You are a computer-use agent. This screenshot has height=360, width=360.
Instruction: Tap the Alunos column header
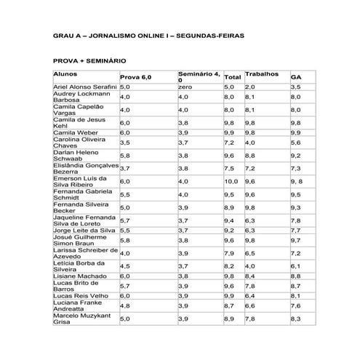pyautogui.click(x=65, y=74)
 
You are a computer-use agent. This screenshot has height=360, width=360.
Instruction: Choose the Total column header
pyautogui.click(x=233, y=77)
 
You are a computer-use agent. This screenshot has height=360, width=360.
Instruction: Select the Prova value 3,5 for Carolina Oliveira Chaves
pyautogui.click(x=125, y=143)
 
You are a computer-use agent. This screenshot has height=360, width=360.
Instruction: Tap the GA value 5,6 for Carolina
pyautogui.click(x=295, y=143)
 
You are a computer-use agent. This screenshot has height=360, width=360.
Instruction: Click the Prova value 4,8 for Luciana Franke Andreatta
pyautogui.click(x=125, y=307)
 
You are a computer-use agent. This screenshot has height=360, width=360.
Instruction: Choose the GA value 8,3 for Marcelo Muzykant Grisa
pyautogui.click(x=295, y=319)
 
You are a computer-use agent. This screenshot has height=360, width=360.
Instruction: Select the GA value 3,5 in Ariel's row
pyautogui.click(x=295, y=87)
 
